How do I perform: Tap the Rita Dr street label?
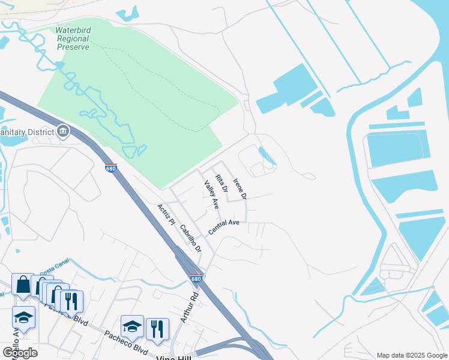click(x=222, y=183)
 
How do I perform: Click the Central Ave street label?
click(x=224, y=227)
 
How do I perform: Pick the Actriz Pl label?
click(x=165, y=214)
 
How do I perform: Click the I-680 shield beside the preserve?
click(x=110, y=169)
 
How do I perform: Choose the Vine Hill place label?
click(x=173, y=357)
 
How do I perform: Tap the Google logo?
click(x=20, y=353)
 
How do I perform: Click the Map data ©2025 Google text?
click(x=411, y=355)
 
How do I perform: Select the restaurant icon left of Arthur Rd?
click(x=157, y=328)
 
